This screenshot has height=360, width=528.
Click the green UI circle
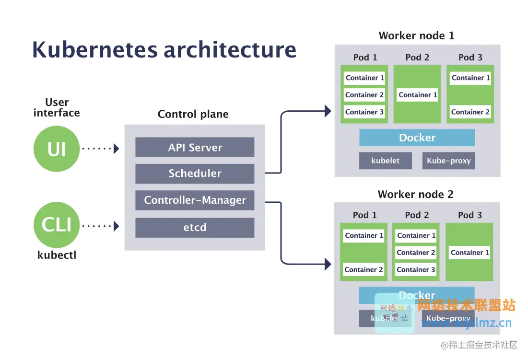tap(57, 149)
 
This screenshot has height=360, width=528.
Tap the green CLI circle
tap(57, 225)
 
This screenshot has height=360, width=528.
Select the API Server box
tap(195, 148)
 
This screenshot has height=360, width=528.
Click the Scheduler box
tap(195, 174)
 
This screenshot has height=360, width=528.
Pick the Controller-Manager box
tap(195, 200)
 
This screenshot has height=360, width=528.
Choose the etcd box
tap(195, 227)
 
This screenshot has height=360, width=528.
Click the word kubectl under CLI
tap(57, 255)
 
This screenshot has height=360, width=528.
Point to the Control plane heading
tap(193, 114)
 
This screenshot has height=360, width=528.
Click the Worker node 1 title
tap(416, 35)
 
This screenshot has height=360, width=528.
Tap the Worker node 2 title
tap(415, 194)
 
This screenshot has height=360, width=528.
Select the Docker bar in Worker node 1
tap(417, 138)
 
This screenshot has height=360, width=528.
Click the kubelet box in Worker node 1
tap(385, 161)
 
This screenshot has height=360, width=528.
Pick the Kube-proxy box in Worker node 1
tap(448, 161)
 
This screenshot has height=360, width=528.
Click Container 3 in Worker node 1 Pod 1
tap(364, 112)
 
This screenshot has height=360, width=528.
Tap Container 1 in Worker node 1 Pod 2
tap(418, 95)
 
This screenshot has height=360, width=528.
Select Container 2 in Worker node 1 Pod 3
tap(470, 112)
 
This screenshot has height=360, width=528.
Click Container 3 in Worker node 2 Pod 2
tap(416, 270)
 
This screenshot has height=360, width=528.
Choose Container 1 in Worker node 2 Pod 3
tap(469, 253)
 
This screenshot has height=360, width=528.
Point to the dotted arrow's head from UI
tap(116, 149)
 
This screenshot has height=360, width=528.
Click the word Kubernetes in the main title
tap(94, 50)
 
